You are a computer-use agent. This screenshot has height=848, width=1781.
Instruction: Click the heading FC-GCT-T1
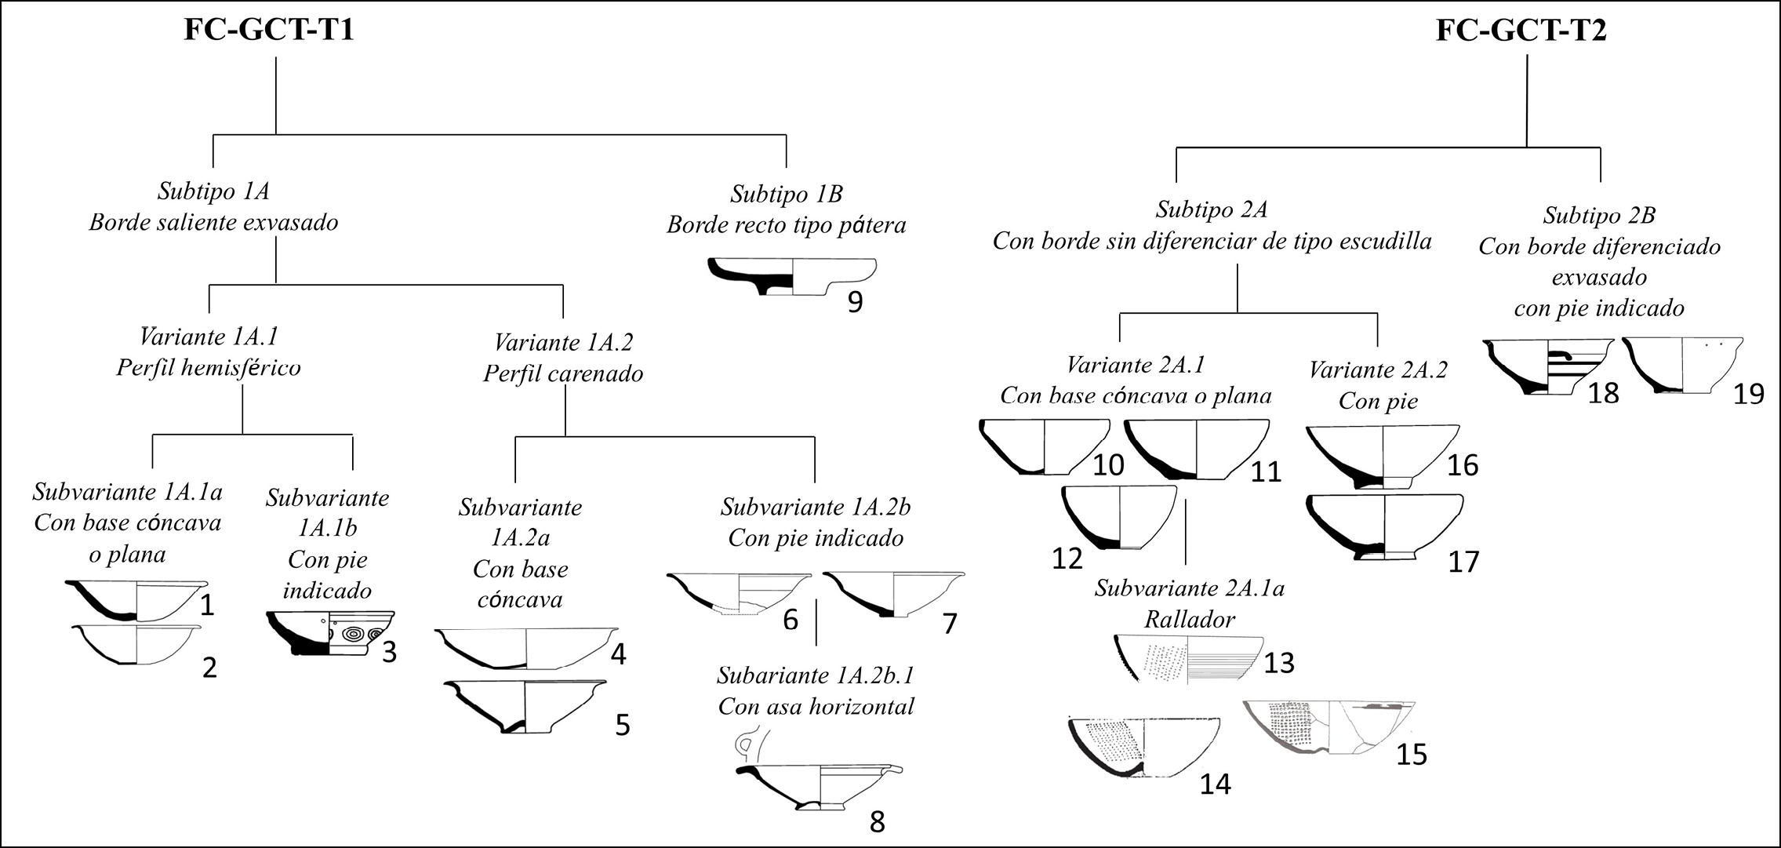point(269,31)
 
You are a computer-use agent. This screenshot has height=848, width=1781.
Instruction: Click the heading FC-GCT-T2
point(1521,31)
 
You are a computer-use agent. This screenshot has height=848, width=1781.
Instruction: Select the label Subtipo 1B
point(786,194)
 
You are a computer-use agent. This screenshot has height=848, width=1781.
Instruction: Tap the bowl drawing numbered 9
point(792,277)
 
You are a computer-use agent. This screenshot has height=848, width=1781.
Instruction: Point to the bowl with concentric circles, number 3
point(330,633)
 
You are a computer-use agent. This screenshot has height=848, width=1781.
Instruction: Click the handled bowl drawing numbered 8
point(817,785)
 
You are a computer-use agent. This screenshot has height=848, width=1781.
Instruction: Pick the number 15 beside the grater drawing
point(1412,754)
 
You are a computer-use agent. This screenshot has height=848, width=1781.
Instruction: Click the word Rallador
point(1190,619)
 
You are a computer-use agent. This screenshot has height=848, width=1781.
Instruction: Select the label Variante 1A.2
point(563,342)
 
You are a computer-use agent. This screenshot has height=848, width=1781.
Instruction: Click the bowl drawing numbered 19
point(1682,365)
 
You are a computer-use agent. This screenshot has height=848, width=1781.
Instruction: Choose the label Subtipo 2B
point(1599,215)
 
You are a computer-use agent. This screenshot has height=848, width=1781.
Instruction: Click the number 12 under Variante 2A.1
point(1067,558)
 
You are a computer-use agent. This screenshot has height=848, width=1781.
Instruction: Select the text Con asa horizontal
point(816,706)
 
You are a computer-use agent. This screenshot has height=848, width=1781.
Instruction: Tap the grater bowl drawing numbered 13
point(1188,658)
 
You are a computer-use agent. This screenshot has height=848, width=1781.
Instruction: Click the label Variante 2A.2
point(1378,369)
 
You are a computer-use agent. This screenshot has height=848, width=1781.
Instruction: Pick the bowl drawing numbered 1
point(137,601)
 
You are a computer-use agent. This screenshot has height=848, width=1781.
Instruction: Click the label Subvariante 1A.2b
point(816,508)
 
